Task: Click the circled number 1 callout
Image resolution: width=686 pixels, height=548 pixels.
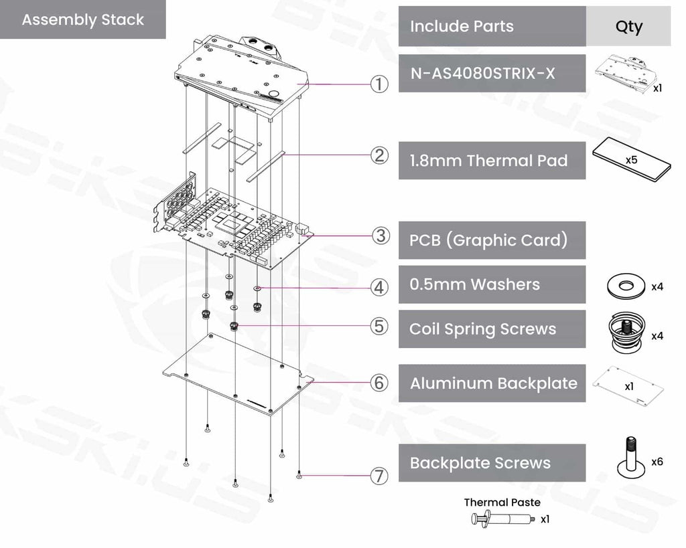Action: (380, 85)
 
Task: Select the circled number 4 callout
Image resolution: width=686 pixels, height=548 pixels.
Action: (380, 288)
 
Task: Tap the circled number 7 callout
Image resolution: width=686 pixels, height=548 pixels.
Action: (380, 476)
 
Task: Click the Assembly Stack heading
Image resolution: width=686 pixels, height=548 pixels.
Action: (82, 19)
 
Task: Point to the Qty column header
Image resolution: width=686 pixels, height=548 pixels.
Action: (628, 27)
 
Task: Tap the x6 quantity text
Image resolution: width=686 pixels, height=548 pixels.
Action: (657, 462)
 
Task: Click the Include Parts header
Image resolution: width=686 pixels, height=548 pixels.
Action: (462, 27)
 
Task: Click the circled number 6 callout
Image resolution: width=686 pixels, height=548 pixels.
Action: (380, 383)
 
